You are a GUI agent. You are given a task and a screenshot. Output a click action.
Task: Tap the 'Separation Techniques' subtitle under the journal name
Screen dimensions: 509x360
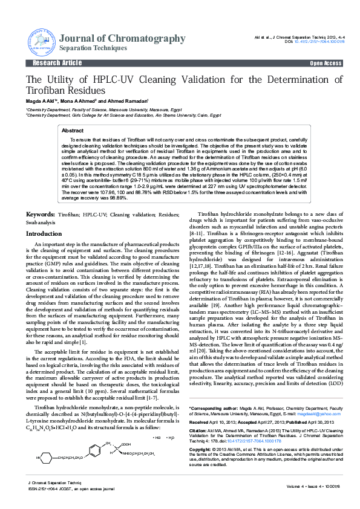coord(93,48)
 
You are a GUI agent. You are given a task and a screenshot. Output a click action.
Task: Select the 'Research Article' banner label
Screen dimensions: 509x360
coord(57,63)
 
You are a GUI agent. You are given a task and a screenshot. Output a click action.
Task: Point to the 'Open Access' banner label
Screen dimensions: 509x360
coord(326,63)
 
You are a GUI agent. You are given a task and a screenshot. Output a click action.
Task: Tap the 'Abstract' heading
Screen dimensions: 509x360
coord(73,131)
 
